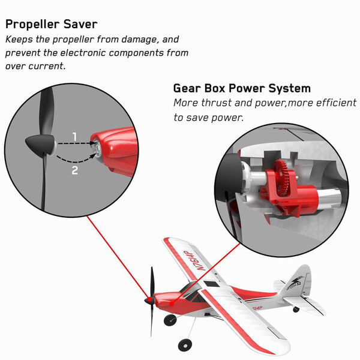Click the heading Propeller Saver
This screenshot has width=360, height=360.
pos(52,25)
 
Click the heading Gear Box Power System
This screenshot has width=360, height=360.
pos(242,88)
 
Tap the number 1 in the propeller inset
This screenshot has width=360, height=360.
pos(74,137)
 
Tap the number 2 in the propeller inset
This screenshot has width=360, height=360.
pos(75,170)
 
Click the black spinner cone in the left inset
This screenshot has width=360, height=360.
pos(40,144)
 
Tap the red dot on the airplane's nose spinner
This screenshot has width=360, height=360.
pos(149,299)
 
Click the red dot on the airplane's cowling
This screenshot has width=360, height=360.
pos(172,304)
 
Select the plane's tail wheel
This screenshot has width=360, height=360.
pos(296,310)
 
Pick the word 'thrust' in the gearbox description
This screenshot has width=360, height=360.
pos(216,103)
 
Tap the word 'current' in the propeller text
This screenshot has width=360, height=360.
pos(47,66)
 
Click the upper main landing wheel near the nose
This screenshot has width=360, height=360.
pos(170,320)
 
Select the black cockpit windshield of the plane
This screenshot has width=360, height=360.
pos(191,291)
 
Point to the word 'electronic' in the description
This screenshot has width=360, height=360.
pos(83,53)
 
